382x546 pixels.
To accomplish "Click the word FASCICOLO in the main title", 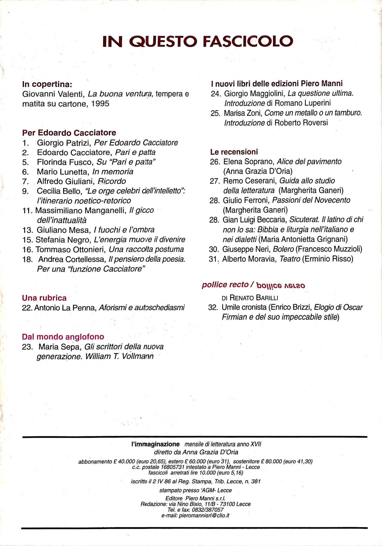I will point(248,41).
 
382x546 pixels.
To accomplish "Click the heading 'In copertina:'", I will point(47,84).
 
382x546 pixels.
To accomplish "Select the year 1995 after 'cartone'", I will point(100,104).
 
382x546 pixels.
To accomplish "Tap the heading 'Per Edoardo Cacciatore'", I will point(69,133).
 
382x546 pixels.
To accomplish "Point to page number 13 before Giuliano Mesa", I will point(28,230).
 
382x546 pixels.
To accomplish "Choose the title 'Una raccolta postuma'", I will point(146,250).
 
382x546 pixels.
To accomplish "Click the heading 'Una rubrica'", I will point(44,298).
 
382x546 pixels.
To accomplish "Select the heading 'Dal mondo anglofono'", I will point(63,337).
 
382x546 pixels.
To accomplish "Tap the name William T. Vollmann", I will point(120,357).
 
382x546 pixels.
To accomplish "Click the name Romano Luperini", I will point(302,103).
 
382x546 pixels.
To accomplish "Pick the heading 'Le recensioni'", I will point(234,152).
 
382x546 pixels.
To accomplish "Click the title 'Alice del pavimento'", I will point(309,162).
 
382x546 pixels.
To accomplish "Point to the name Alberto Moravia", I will point(249,259).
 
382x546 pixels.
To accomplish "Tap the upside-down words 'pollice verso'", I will point(281,285).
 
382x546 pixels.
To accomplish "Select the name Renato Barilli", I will point(254,298).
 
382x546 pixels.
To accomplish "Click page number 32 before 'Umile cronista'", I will point(213,308).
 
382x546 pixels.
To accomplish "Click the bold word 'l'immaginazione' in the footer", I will point(155,444).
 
